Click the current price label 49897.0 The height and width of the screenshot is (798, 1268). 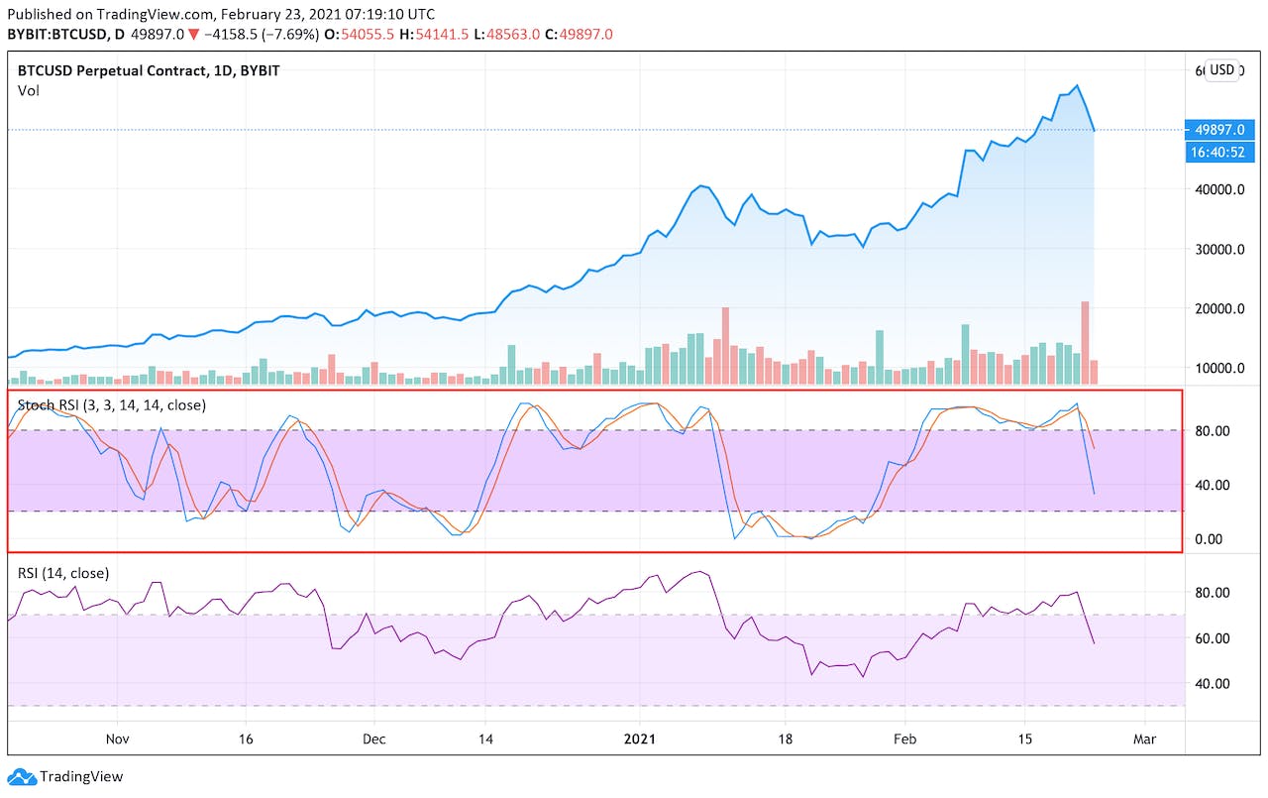point(1218,130)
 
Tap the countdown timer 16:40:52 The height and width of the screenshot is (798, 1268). point(1218,152)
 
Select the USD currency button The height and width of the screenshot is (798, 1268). point(1222,70)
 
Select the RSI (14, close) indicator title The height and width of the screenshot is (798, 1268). point(63,573)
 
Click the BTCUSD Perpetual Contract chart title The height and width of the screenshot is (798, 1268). point(148,70)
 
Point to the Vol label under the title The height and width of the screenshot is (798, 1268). point(28,90)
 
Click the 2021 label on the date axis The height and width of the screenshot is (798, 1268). point(639,740)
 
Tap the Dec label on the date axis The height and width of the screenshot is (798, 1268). point(374,740)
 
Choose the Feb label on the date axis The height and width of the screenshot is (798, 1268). point(904,740)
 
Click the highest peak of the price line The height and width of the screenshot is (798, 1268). point(1078,85)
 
